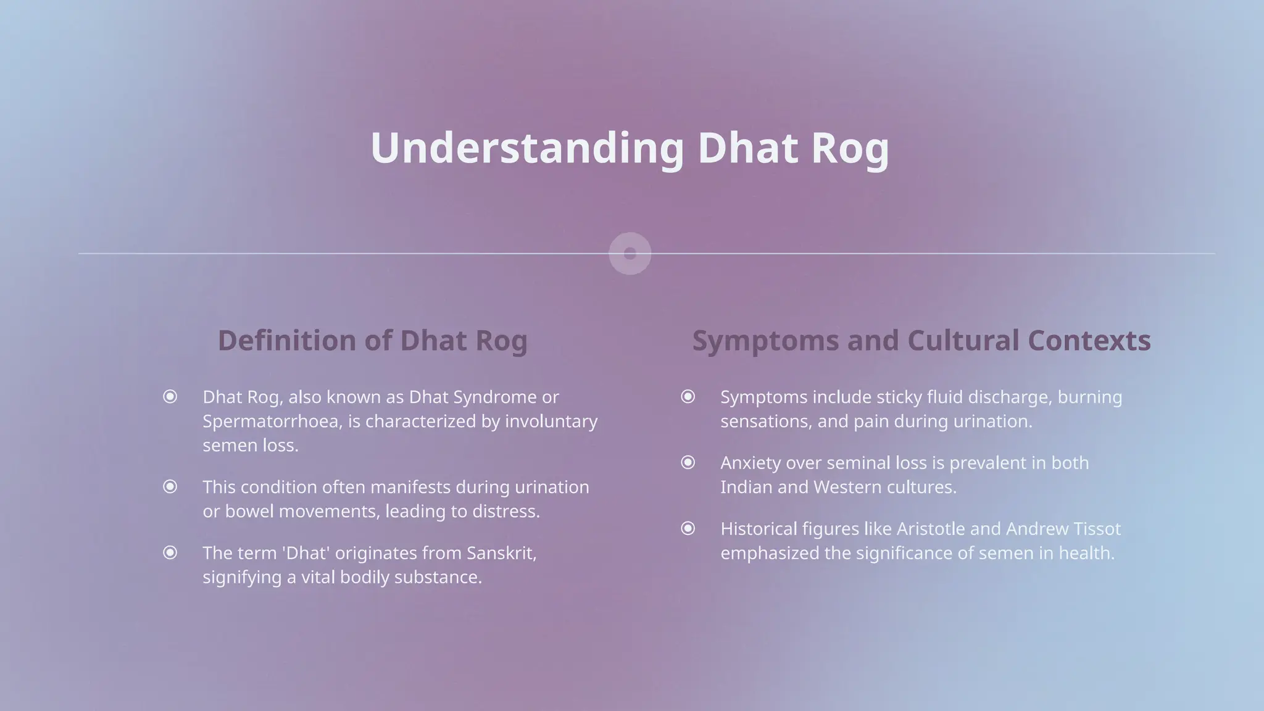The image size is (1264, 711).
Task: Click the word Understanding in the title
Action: click(527, 148)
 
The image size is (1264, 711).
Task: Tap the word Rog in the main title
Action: click(850, 148)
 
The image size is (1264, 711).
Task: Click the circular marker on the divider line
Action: click(630, 254)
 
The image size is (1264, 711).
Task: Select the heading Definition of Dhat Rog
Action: click(373, 341)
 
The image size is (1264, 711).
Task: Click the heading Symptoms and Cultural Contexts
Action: click(921, 341)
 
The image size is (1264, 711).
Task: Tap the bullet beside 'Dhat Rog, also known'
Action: click(170, 396)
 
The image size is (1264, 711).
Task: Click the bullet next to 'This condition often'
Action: click(170, 487)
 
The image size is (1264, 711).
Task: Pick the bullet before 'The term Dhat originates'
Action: click(170, 552)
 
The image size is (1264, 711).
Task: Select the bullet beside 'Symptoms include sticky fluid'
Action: click(688, 396)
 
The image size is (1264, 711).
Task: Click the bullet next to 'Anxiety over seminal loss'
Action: click(688, 462)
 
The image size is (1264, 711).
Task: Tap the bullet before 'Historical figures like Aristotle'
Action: click(688, 528)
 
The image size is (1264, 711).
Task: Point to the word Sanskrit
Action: click(501, 553)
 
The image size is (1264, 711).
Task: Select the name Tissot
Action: click(1096, 529)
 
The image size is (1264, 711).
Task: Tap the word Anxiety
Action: click(750, 463)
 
